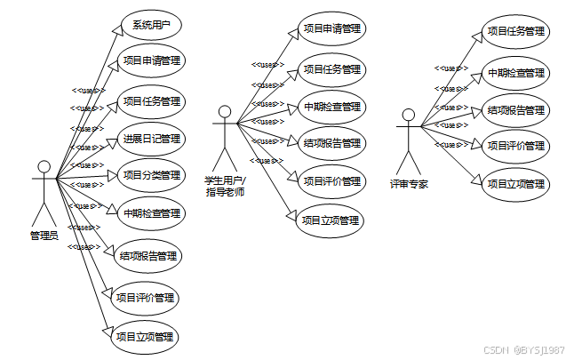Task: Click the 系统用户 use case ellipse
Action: (x=150, y=25)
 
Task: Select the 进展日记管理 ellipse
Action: (x=151, y=138)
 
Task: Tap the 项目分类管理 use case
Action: (x=151, y=175)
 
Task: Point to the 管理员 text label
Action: (x=44, y=236)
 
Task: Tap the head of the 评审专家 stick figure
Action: (x=408, y=116)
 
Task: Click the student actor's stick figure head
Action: (x=225, y=113)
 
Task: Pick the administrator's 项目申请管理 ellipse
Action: (x=151, y=61)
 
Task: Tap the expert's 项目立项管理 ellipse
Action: (x=516, y=185)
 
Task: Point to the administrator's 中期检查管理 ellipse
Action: (x=151, y=213)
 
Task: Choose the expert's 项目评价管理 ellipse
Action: (x=516, y=146)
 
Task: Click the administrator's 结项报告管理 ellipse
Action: (x=147, y=256)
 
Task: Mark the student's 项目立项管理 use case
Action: (x=330, y=220)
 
